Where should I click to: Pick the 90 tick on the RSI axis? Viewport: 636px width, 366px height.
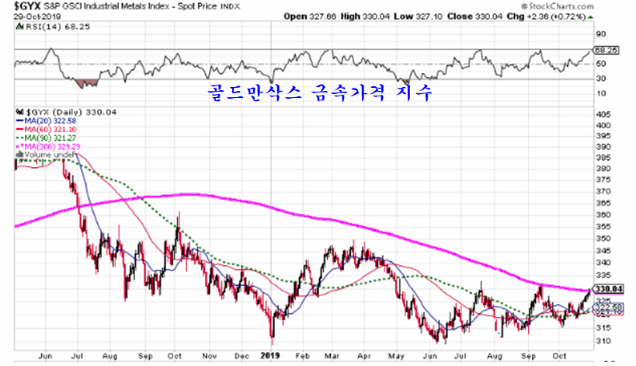point(600,34)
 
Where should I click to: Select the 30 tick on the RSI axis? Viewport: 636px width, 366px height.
point(600,78)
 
